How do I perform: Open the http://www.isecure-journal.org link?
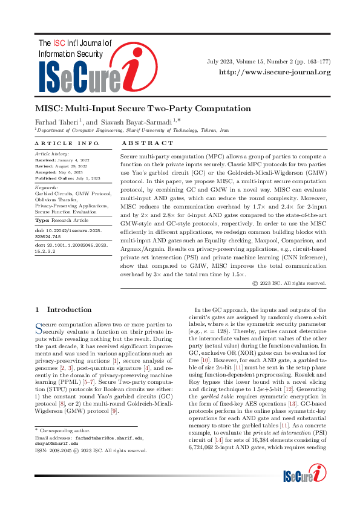tap(275, 73)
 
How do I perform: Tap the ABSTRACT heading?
tap(148, 143)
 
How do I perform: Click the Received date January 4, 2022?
tap(71, 160)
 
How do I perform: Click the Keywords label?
tap(46, 188)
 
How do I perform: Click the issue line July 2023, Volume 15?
tap(268, 62)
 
